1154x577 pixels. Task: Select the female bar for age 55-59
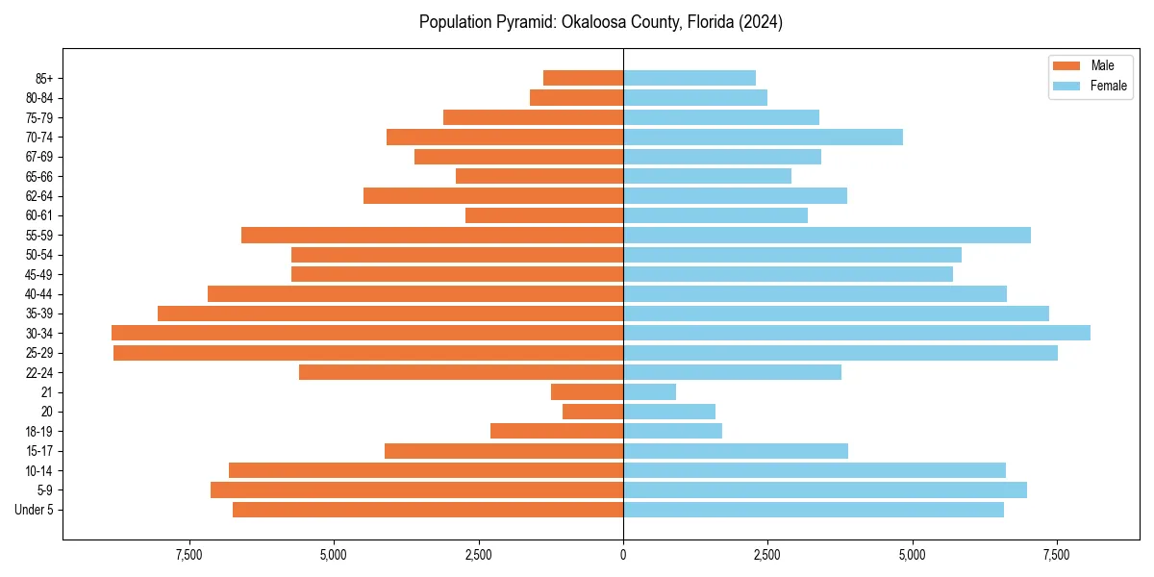point(827,235)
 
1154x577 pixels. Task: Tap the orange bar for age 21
point(587,391)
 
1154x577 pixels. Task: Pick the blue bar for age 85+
point(690,78)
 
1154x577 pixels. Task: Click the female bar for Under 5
point(814,510)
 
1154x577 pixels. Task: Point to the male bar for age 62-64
point(493,195)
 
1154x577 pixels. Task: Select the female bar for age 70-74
point(763,137)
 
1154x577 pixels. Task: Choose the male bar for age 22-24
point(461,372)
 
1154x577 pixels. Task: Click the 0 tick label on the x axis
point(623,556)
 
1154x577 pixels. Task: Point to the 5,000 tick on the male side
point(334,556)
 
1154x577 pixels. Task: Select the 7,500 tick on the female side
point(1057,556)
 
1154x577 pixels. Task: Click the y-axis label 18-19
point(39,431)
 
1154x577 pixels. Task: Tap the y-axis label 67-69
point(39,157)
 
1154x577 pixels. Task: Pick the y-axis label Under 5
point(35,510)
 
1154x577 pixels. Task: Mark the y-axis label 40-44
point(39,293)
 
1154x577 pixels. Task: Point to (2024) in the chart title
point(760,22)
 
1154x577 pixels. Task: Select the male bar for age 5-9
point(416,489)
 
